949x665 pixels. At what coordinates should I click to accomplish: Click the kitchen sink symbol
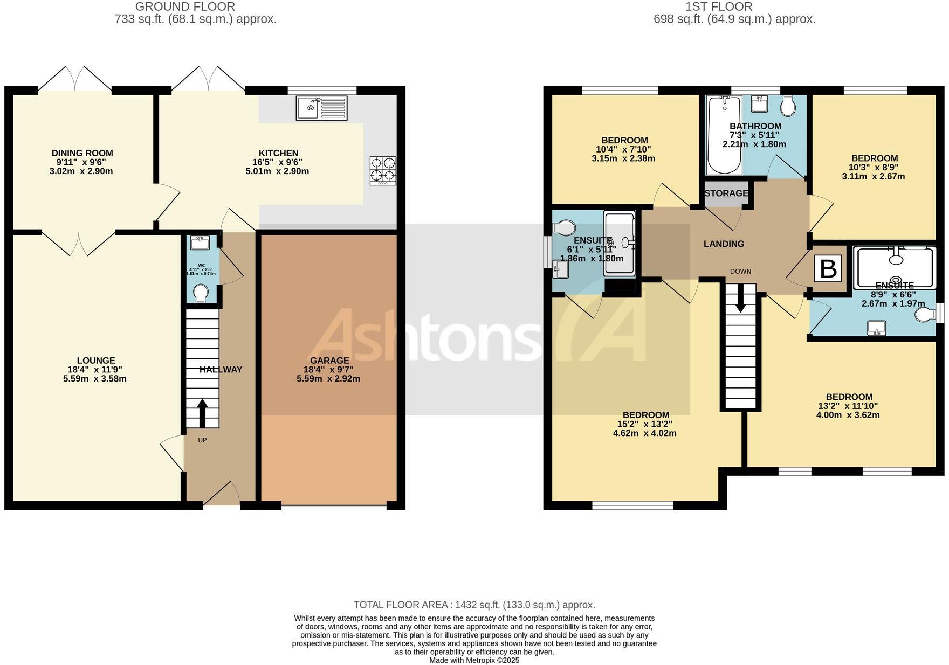point(322,107)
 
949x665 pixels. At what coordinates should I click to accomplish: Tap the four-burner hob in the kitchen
point(383,170)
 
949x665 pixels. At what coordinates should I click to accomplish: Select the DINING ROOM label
point(82,154)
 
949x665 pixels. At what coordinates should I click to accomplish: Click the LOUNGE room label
point(95,361)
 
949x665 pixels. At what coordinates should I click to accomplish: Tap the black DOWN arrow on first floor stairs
point(740,297)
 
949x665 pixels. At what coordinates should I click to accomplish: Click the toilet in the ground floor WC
point(201,293)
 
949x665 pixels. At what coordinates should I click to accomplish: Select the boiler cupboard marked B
point(828,269)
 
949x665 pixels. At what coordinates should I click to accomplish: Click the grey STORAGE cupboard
point(726,193)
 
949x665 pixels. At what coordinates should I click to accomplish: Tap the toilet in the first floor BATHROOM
point(788,106)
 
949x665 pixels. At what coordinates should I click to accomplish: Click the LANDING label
point(724,244)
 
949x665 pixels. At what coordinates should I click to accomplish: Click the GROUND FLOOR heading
point(185,7)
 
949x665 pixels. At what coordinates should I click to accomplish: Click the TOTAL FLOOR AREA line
point(474,605)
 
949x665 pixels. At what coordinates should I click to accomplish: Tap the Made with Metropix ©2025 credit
point(474,660)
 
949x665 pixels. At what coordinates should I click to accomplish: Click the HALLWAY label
point(221,370)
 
